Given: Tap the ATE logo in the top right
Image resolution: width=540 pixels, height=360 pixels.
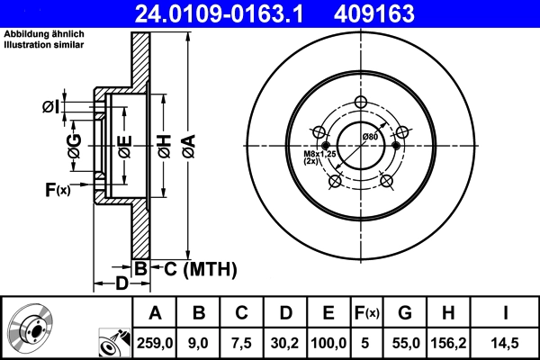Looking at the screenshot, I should click(x=505, y=13).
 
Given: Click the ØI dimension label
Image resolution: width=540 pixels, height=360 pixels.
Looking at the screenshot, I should click(x=50, y=108).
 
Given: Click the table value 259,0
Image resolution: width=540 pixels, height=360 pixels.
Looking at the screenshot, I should click(x=155, y=341).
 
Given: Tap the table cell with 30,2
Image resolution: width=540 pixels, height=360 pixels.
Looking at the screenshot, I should click(x=287, y=341).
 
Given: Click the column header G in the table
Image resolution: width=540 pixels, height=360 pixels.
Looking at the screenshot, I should click(x=404, y=313).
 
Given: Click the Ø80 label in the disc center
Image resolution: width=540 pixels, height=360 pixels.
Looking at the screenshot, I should click(x=369, y=136).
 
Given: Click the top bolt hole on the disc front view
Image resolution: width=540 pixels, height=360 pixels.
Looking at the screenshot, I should click(x=362, y=102).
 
